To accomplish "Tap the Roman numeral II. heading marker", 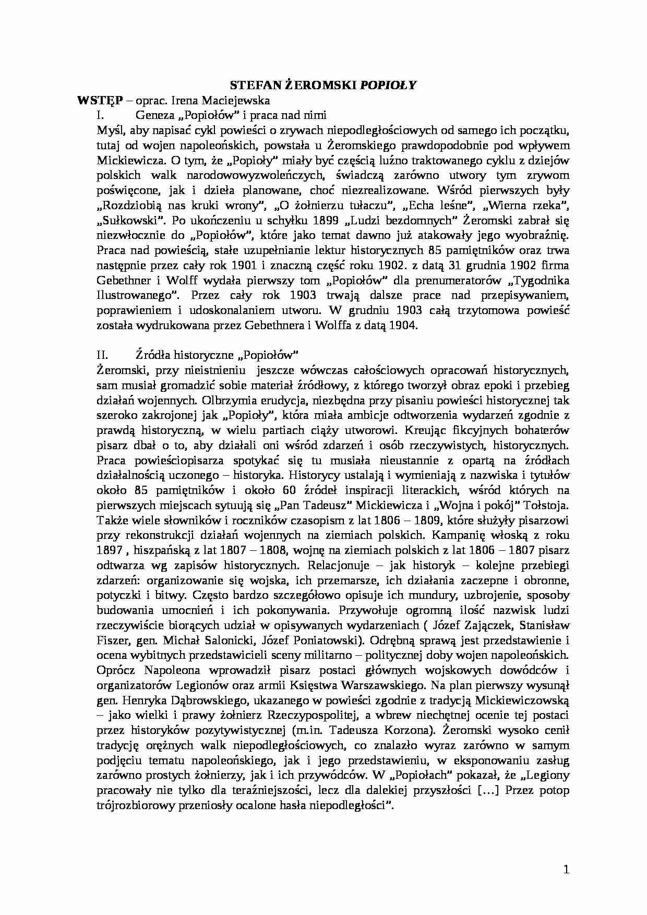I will pyautogui.click(x=102, y=355).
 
